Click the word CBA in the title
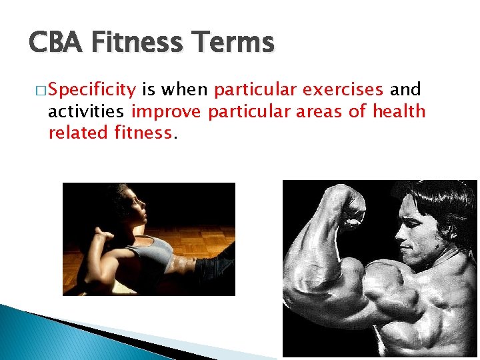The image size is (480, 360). pyautogui.click(x=55, y=43)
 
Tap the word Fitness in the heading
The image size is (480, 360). pyautogui.click(x=137, y=43)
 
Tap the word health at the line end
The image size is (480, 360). pyautogui.click(x=399, y=111)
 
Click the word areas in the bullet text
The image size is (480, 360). pyautogui.click(x=317, y=111)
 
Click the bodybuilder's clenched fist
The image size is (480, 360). pyautogui.click(x=351, y=211)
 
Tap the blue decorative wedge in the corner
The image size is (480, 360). pyautogui.click(x=40, y=337)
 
